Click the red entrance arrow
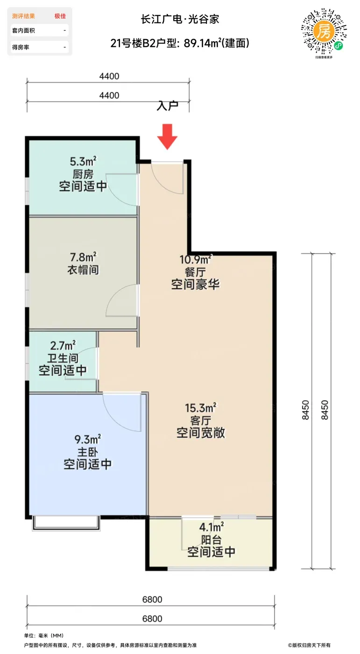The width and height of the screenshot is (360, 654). click(x=167, y=136)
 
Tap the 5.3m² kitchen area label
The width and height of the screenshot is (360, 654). click(x=83, y=162)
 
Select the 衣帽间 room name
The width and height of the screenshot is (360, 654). click(x=83, y=270)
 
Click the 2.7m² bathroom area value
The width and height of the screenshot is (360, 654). click(x=63, y=345)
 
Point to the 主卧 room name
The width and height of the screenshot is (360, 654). click(x=87, y=452)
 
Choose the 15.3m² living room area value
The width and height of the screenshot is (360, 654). click(x=201, y=408)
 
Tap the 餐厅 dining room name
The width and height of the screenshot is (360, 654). click(x=195, y=272)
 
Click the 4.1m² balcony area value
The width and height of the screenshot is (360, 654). click(x=212, y=527)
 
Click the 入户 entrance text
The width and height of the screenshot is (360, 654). click(x=167, y=106)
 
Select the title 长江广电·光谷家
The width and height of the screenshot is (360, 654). click(x=180, y=19)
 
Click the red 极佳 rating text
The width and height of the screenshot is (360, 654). click(x=60, y=16)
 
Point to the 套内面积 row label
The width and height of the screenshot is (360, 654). click(x=23, y=30)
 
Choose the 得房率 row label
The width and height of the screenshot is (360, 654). click(x=21, y=47)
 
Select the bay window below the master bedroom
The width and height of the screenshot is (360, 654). click(x=66, y=523)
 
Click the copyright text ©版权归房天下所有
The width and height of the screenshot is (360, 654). click(x=309, y=645)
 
